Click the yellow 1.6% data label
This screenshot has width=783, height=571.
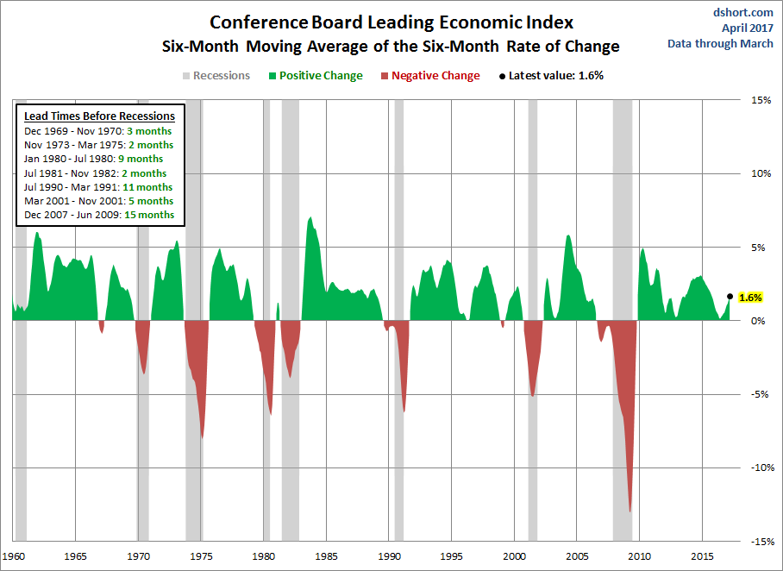751,297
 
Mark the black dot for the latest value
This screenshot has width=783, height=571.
730,296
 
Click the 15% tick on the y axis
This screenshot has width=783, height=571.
759,100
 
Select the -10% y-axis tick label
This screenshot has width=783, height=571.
757,468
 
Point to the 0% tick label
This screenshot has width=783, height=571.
759,321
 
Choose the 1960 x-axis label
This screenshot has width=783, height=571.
13,556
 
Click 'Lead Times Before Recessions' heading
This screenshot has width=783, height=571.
99,116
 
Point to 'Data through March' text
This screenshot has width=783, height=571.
720,44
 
